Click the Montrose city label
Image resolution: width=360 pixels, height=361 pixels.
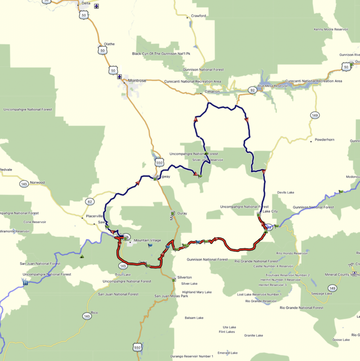point(137,81)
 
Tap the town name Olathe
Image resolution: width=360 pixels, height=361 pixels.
point(109,44)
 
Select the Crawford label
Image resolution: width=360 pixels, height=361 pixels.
point(199,16)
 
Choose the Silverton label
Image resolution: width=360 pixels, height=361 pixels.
point(185,277)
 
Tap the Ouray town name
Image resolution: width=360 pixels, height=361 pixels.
point(182,214)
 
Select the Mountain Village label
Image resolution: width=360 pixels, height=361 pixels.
point(147,241)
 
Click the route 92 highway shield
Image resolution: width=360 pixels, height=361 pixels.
point(252,90)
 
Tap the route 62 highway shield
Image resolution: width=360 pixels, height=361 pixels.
point(90,202)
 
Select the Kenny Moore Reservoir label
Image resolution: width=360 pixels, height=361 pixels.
point(331,29)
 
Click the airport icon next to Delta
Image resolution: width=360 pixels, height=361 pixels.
point(97,6)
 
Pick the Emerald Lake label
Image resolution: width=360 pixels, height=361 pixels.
point(227,353)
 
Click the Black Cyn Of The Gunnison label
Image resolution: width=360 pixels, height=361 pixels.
point(161,53)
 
